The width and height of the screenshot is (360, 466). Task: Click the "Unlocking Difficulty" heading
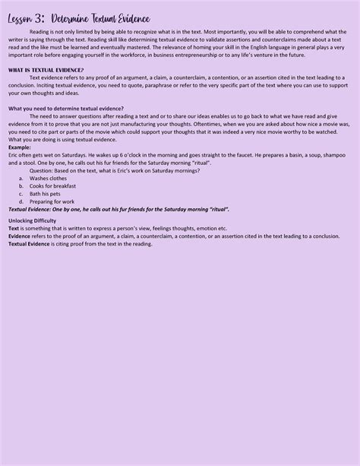[32, 220]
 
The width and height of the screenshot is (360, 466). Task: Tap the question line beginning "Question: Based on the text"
[115, 170]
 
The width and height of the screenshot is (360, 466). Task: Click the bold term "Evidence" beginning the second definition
[20, 236]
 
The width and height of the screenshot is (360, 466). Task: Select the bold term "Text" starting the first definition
[14, 229]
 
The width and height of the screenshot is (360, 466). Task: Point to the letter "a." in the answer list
[21, 178]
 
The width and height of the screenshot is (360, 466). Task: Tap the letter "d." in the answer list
[21, 201]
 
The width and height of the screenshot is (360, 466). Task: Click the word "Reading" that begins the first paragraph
[40, 32]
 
